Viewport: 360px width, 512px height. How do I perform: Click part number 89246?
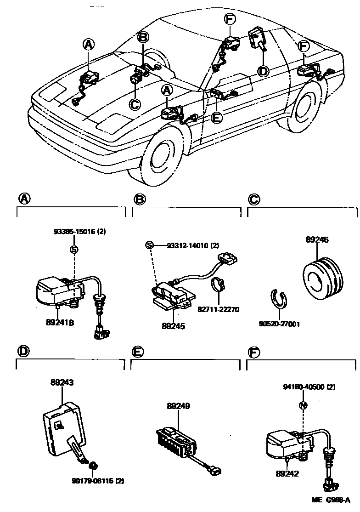(317, 239)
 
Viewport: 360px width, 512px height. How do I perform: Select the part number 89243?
(62, 382)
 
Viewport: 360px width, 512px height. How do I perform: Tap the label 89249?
(178, 406)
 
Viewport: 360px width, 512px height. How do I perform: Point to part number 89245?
(174, 326)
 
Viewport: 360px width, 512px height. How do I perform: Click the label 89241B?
(60, 323)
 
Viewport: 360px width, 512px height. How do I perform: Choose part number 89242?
(287, 473)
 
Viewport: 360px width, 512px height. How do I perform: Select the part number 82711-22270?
(218, 309)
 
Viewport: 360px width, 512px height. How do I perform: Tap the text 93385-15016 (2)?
(80, 232)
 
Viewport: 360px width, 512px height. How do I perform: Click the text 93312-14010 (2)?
(193, 245)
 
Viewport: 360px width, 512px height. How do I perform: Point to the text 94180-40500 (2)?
(309, 387)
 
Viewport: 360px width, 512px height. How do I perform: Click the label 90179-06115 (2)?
(98, 481)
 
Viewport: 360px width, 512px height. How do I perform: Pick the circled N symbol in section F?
(304, 405)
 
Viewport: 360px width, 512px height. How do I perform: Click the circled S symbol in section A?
(74, 250)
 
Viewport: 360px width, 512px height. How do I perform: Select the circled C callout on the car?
(135, 104)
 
